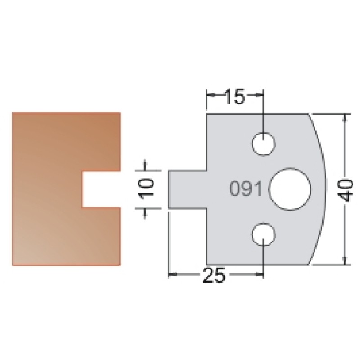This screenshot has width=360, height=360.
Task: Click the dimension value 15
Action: (234, 97)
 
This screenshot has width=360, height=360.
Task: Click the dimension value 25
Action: (214, 275)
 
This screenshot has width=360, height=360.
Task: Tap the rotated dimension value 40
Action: (345, 190)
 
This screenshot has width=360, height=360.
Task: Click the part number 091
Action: (246, 189)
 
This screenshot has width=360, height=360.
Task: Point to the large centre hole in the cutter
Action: (290, 189)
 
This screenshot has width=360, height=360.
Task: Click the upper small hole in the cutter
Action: (263, 144)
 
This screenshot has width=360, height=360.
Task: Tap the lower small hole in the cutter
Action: (263, 234)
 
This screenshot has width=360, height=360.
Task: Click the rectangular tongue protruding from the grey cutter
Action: (188, 189)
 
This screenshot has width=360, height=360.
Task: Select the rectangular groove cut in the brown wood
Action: (101, 189)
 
